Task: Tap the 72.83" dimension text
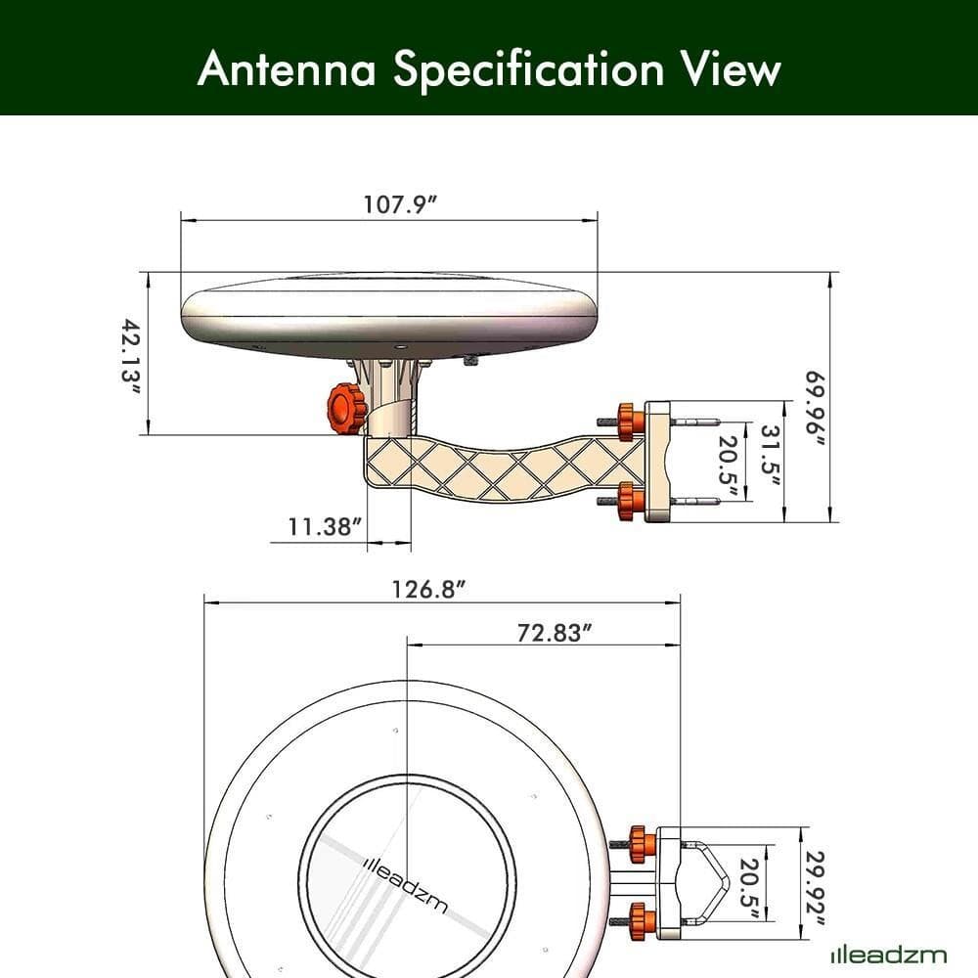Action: point(556,633)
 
